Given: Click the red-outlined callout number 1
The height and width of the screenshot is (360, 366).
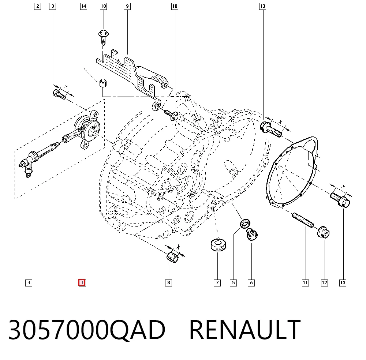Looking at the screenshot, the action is pyautogui.click(x=82, y=283).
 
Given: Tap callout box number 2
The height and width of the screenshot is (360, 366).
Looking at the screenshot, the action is pyautogui.click(x=37, y=6).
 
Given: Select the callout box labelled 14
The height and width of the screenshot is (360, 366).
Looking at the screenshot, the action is pyautogui.click(x=83, y=6).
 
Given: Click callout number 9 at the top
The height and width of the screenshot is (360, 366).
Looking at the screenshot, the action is pyautogui.click(x=127, y=6).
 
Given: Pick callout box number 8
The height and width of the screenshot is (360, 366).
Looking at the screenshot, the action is pyautogui.click(x=168, y=283).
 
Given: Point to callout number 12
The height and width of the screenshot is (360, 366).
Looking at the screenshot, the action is pyautogui.click(x=324, y=283).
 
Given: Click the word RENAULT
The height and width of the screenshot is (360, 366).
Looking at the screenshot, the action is pyautogui.click(x=245, y=330).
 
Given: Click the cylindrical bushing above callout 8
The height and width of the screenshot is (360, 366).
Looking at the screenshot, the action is pyautogui.click(x=172, y=257).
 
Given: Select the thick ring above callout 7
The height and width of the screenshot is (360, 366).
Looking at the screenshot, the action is pyautogui.click(x=218, y=244).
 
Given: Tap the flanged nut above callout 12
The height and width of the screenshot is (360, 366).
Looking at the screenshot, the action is pyautogui.click(x=324, y=232).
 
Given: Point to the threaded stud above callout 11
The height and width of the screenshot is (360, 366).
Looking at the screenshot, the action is pyautogui.click(x=303, y=220).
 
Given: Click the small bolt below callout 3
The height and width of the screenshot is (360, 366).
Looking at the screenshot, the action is pyautogui.click(x=59, y=95).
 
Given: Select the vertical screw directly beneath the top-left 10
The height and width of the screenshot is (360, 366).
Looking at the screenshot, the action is pyautogui.click(x=104, y=37).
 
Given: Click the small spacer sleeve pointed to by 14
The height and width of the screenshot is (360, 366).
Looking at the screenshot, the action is pyautogui.click(x=103, y=83).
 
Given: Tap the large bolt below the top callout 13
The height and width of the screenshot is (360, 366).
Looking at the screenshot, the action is pyautogui.click(x=271, y=130).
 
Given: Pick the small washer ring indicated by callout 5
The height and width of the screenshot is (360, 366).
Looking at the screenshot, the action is pyautogui.click(x=245, y=224).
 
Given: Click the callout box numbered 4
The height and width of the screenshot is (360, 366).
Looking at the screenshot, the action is pyautogui.click(x=29, y=283).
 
